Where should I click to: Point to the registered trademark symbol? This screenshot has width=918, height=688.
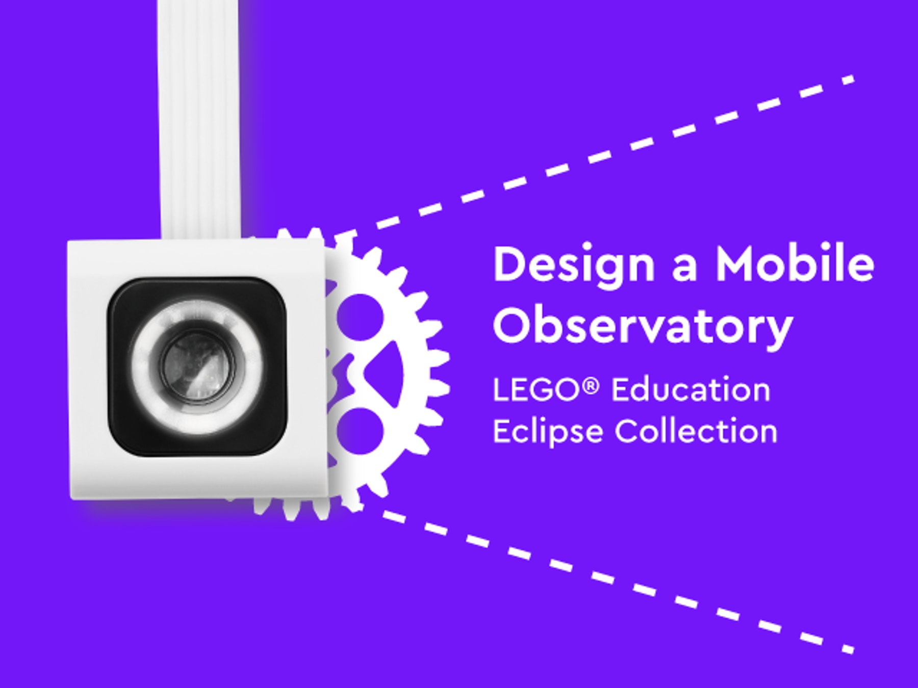click(590, 386)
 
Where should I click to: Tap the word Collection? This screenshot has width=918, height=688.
click(696, 432)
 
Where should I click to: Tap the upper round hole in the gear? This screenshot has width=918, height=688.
click(360, 316)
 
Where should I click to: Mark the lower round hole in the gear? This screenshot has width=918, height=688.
click(360, 431)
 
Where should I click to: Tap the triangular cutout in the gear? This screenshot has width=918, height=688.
click(380, 374)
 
